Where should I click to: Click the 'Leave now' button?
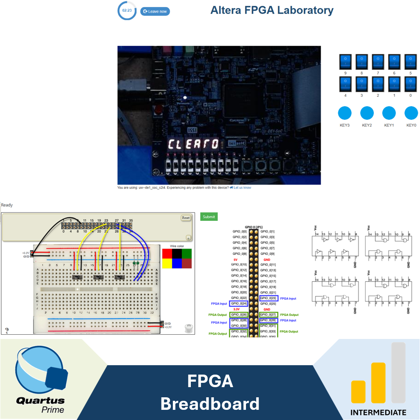tap(155, 11)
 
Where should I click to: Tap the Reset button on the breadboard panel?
tap(186, 218)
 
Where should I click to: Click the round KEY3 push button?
tap(345, 113)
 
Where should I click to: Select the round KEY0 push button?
tap(411, 113)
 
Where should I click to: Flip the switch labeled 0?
tap(411, 84)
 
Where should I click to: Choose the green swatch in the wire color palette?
tap(187, 253)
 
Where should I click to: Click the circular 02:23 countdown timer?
tap(127, 11)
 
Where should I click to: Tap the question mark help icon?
tap(7, 330)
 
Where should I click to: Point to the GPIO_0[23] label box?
tap(269, 298)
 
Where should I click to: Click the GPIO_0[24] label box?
tap(239, 303)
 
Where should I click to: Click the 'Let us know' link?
tap(242, 188)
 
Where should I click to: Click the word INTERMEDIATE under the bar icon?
tap(378, 412)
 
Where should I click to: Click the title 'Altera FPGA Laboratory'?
tap(272, 10)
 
